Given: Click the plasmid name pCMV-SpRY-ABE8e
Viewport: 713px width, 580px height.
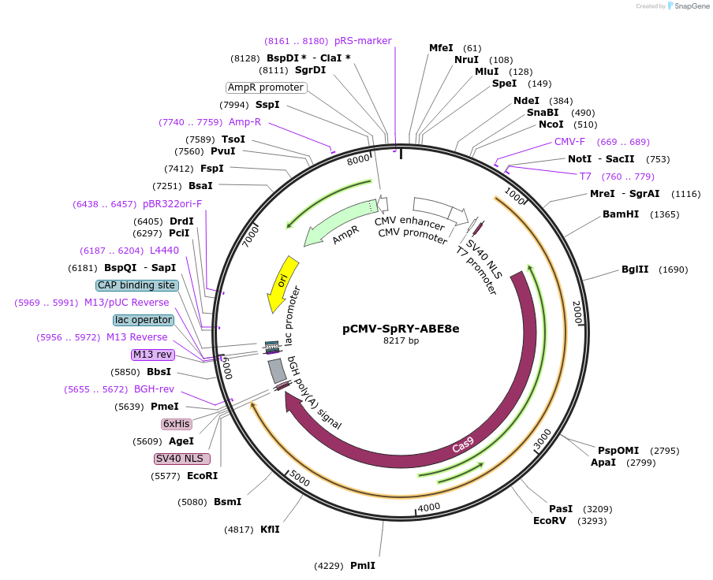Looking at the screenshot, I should pos(401,329).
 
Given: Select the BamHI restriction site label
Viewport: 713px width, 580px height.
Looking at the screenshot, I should pos(620,214).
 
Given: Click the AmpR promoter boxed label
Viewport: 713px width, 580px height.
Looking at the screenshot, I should pos(266,87).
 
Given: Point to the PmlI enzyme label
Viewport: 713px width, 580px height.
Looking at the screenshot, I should pos(362,566).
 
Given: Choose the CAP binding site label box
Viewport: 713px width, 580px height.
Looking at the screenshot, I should pos(136,285).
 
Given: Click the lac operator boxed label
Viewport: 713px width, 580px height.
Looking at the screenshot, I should pos(143,320).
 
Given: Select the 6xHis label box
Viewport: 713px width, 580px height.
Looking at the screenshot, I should pos(176,424).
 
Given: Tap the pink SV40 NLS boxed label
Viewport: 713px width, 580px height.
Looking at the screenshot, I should pos(181,459).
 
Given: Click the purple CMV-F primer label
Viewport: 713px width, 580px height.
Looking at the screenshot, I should pos(569,142).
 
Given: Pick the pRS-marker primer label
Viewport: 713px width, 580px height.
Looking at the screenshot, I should pos(363,41).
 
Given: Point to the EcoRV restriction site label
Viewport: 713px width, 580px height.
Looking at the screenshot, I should pos(550,521).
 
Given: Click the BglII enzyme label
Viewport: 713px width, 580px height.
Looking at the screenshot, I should pos(635,270).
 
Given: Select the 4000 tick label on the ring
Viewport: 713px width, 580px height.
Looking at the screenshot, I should pos(429,507).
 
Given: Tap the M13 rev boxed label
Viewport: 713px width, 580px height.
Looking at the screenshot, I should pos(152,355).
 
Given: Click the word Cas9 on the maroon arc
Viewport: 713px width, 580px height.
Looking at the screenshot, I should pos(463,447).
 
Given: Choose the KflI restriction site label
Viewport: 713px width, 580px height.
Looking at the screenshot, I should pos(270,530).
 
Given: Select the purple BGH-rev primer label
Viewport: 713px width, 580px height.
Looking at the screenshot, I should pos(154,389).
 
